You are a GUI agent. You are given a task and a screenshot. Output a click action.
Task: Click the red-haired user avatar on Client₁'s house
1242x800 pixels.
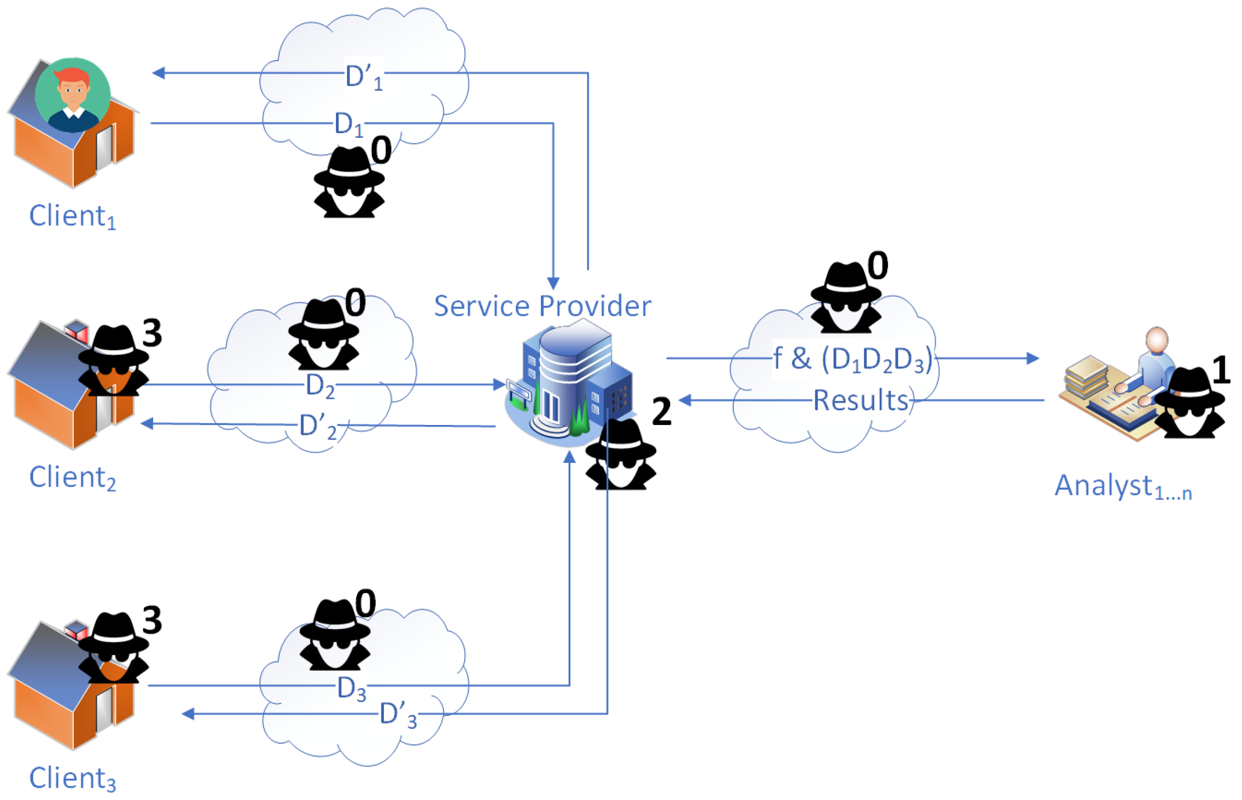(73, 95)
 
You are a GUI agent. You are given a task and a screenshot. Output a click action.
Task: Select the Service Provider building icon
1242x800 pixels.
(569, 384)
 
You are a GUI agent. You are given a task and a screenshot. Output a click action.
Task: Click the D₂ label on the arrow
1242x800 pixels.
(320, 386)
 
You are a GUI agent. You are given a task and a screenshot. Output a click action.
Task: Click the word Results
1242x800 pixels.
(860, 400)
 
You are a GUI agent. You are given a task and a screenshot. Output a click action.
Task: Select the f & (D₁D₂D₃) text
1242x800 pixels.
(852, 359)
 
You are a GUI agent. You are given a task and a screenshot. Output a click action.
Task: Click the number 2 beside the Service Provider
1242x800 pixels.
(661, 412)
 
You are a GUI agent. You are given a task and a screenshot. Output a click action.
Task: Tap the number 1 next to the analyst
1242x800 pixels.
(1221, 370)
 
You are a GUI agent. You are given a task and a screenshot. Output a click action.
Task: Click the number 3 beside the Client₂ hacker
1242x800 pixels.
(152, 333)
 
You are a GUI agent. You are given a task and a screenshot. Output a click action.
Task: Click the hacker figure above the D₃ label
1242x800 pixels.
(335, 635)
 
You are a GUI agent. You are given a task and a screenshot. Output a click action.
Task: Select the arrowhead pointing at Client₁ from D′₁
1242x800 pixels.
(159, 73)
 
